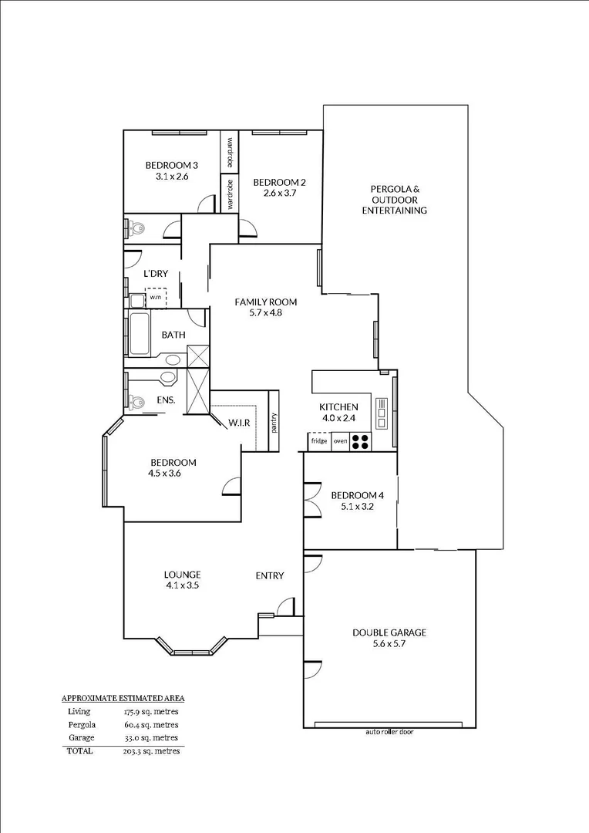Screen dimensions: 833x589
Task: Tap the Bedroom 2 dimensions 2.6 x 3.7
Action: coord(279,194)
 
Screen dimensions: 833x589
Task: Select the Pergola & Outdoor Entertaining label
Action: coord(394,200)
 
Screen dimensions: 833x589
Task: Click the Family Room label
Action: coord(265,302)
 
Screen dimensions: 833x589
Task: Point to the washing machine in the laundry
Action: coord(156,297)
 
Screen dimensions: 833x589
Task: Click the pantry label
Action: coord(273,423)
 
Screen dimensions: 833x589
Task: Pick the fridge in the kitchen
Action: coord(319,441)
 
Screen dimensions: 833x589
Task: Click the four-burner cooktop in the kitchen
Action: coord(361,441)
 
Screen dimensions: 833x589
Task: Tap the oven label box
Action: coord(340,441)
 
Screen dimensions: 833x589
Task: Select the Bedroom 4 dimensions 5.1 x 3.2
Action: coord(357,507)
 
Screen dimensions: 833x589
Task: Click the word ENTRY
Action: coord(270,575)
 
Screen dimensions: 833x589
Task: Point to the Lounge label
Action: coord(182,574)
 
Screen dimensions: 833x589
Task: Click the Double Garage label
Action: coord(389,632)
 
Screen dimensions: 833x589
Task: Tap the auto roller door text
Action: coord(389,731)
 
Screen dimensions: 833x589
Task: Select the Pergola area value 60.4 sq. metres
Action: coord(151,725)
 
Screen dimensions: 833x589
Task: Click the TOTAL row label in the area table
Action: coord(79,750)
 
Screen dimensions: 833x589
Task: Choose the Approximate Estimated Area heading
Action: coord(123,698)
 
